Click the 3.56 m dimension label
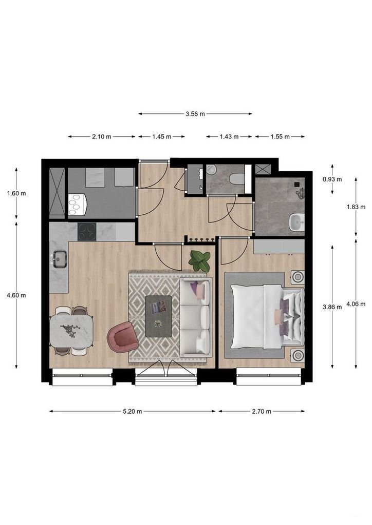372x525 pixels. [195, 114]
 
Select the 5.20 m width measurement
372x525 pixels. [132, 411]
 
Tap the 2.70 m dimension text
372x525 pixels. [261, 411]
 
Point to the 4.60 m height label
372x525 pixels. [16, 295]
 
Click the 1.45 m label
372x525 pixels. [161, 136]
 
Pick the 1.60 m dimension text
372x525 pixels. [16, 193]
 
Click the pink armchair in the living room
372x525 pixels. [121, 337]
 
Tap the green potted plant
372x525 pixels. [199, 261]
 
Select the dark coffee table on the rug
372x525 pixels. [159, 316]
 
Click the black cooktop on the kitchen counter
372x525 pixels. [87, 232]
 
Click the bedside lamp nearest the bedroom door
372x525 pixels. [297, 277]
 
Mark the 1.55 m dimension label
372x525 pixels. [280, 136]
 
